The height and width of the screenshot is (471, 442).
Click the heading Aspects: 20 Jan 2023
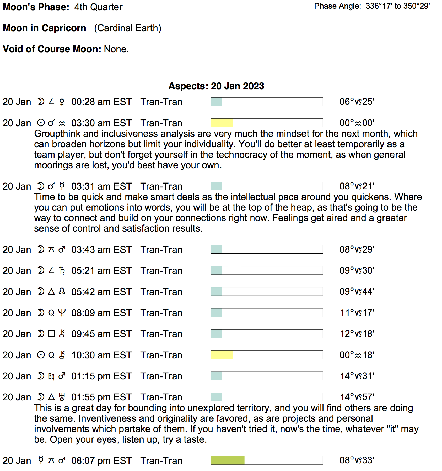tap(216, 86)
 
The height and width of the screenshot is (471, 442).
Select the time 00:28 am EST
tap(101, 102)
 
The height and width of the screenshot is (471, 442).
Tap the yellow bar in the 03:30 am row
tap(222, 123)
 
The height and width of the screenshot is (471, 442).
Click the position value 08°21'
tap(357, 186)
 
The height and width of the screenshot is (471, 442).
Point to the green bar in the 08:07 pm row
tap(227, 460)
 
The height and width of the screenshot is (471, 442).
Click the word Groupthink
tap(57, 134)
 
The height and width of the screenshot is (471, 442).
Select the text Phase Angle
tap(337, 6)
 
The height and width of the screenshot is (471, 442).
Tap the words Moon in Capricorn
tap(44, 28)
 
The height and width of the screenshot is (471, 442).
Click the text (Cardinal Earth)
tap(128, 28)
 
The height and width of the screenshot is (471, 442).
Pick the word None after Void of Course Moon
tap(116, 49)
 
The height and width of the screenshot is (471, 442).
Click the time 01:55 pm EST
tap(101, 397)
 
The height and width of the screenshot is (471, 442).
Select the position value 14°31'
tap(357, 376)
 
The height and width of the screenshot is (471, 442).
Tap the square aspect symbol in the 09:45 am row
tap(51, 334)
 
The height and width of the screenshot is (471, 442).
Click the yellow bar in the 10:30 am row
tap(222, 355)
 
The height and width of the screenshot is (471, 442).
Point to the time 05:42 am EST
tap(101, 292)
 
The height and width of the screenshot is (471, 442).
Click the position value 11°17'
tap(357, 313)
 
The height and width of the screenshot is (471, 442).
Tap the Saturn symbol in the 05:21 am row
tap(62, 270)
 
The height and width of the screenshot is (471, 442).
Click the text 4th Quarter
tap(98, 7)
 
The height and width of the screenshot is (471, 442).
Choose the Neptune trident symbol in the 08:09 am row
tap(62, 313)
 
